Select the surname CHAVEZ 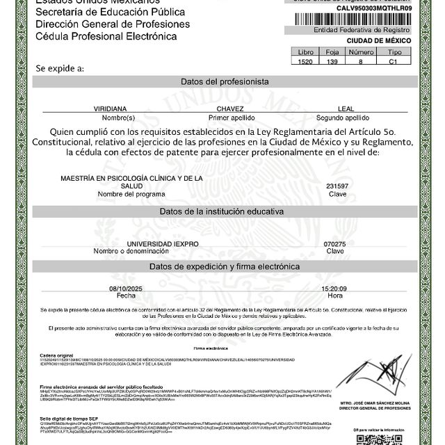click(x=230, y=109)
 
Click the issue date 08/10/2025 click(x=125, y=288)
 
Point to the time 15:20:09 click(x=334, y=288)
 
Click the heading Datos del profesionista click(x=225, y=81)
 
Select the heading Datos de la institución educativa click(x=225, y=211)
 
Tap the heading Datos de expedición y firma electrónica click(x=225, y=266)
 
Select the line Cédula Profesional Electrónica click(x=97, y=35)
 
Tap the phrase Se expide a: click(x=60, y=68)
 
